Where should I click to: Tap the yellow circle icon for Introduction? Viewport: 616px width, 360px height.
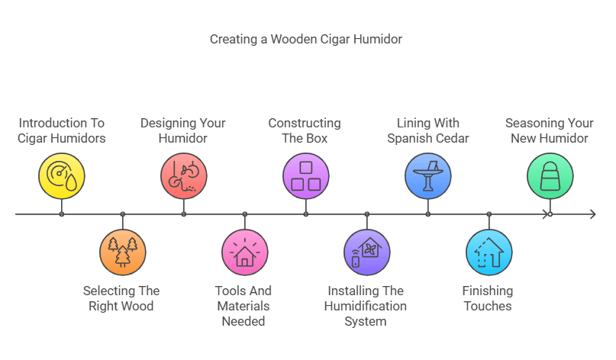tap(62, 175)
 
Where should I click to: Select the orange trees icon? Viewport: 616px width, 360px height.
tap(123, 252)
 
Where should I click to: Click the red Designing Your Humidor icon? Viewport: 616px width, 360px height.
tap(184, 175)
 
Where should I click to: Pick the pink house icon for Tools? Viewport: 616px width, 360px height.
tap(245, 252)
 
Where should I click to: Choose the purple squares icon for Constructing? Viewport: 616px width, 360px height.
tap(306, 175)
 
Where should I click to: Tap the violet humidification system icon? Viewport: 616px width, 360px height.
tap(367, 252)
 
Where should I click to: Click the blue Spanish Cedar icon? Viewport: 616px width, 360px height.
tap(428, 175)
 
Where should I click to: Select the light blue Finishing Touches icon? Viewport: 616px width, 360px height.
tap(489, 252)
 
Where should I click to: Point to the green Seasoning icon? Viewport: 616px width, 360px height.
tap(550, 175)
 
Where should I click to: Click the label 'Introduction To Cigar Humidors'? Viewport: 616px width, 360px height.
tap(62, 130)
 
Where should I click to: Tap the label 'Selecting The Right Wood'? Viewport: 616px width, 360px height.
tap(122, 298)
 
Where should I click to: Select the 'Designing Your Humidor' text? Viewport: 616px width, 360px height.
tap(183, 130)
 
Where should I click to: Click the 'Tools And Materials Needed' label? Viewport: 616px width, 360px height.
tap(244, 306)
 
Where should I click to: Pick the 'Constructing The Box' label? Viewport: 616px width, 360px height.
tap(305, 130)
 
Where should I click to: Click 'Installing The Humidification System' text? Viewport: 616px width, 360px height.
tap(367, 306)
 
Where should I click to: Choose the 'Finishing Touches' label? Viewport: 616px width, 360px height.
tap(488, 298)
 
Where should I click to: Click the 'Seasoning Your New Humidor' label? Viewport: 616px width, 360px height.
tap(550, 130)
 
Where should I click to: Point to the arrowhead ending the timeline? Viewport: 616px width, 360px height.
tap(592, 214)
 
